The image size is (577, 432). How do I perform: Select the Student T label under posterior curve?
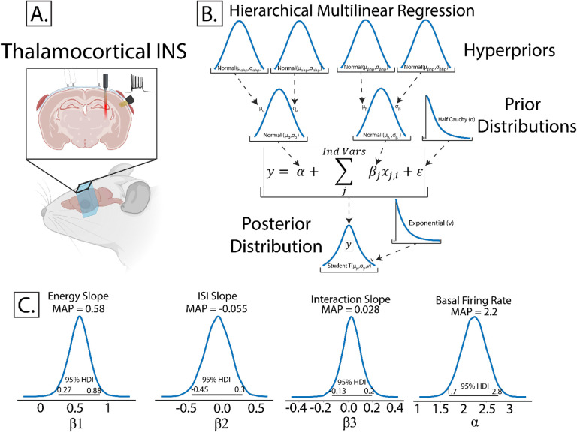pos(349,265)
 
